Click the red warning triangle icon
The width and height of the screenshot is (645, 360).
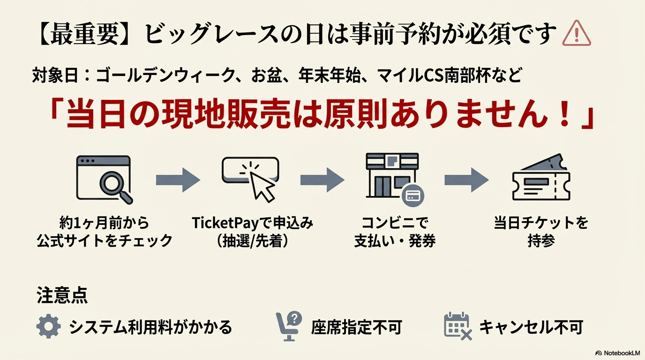tap(577, 33)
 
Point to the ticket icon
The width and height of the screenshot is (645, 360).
tap(541, 177)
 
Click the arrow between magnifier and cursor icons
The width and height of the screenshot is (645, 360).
tap(178, 180)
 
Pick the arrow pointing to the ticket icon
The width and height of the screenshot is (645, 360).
tap(466, 180)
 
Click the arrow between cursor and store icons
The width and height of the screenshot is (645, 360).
tap(322, 180)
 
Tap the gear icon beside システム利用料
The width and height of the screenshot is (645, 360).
tap(49, 326)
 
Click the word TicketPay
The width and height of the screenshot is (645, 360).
tap(226, 223)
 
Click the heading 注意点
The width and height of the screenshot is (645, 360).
tap(62, 295)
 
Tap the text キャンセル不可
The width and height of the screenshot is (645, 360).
tap(531, 327)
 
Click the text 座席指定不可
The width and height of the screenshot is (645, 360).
tap(356, 327)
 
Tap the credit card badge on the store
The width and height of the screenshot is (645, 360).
tap(413, 196)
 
